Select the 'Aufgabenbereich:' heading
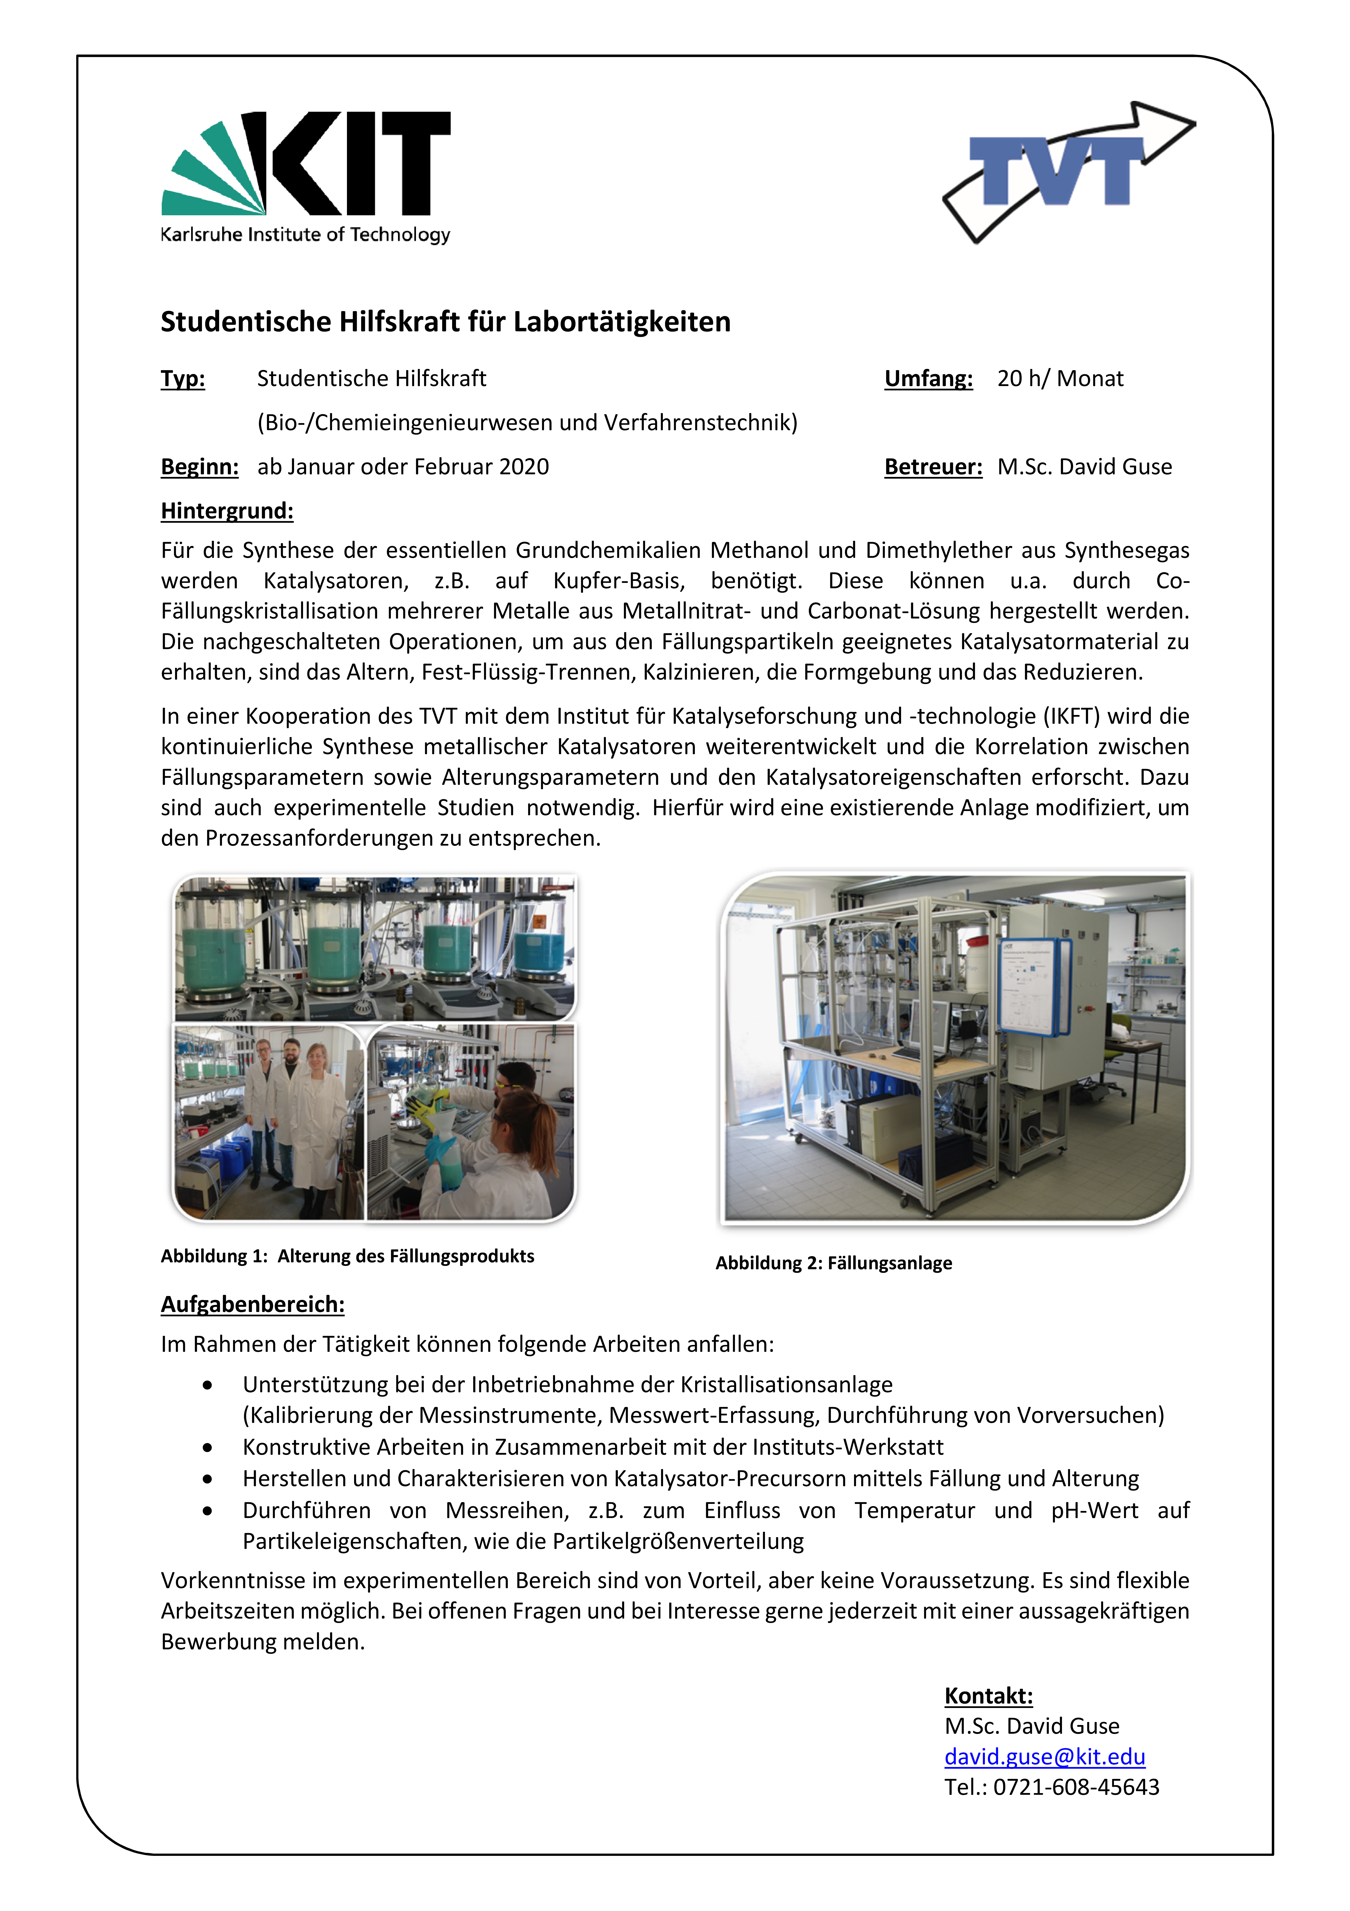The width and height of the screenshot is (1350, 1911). point(252,1304)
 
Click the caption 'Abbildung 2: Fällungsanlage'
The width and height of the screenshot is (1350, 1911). point(833,1264)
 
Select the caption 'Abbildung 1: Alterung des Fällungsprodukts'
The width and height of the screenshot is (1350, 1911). point(347,1256)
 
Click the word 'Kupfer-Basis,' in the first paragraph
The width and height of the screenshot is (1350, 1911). point(618,581)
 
